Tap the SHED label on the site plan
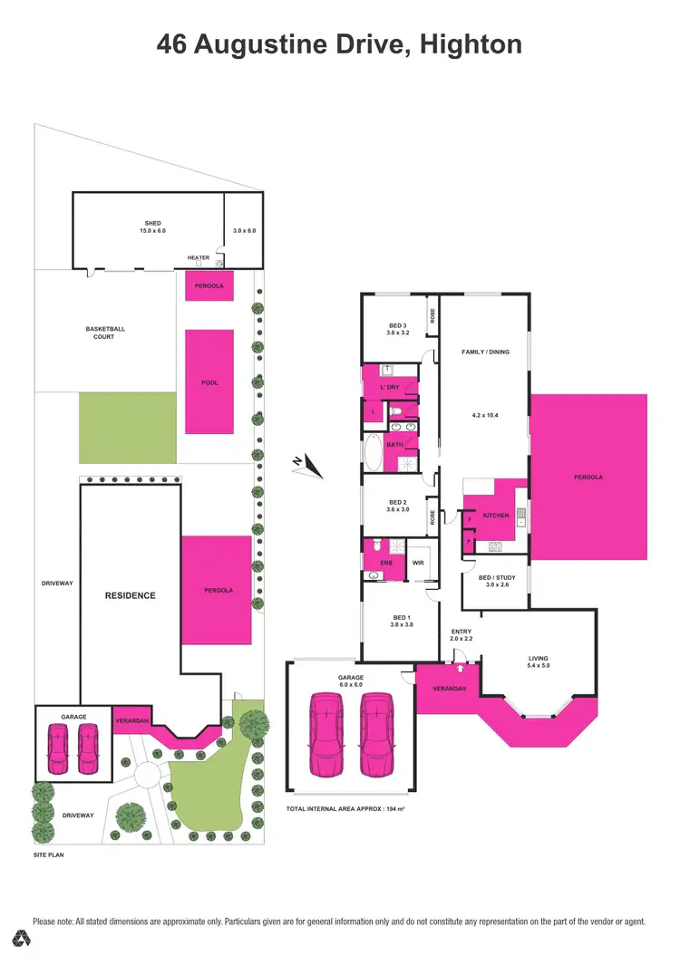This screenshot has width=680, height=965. coord(151,224)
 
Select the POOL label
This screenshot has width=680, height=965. coord(209,382)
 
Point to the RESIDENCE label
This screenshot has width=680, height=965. coord(131,595)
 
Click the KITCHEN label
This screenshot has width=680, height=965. coord(496,515)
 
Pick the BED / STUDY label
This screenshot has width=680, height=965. coord(498,577)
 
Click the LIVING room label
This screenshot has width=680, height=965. coord(539,659)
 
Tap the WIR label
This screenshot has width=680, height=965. coord(419,563)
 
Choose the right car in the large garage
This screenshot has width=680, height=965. coord(376,735)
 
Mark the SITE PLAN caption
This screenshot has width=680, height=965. coord(49,854)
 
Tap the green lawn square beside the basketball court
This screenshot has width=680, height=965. coord(127,427)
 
